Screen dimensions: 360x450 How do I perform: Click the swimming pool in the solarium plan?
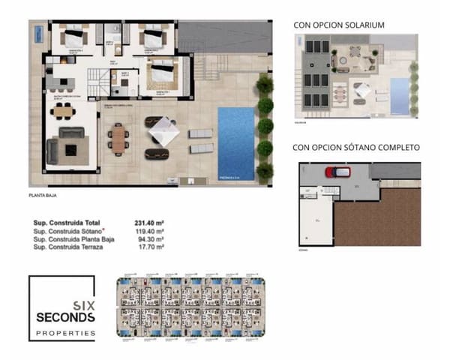(x=400, y=97)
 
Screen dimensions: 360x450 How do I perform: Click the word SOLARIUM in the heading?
(x=364, y=25)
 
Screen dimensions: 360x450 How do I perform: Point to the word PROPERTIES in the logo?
(x=66, y=332)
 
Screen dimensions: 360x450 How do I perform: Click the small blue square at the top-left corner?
(x=37, y=32)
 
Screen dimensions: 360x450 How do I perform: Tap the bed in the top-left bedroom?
(x=75, y=37)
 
